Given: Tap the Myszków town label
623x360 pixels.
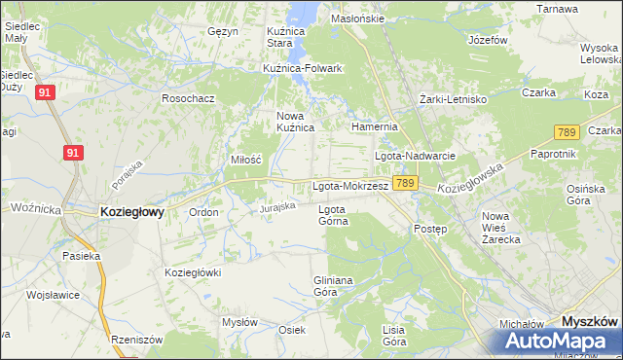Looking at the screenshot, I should (591, 320).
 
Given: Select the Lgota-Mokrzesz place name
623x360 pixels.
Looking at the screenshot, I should (350, 185).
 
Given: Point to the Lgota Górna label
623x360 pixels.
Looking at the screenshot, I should (333, 214).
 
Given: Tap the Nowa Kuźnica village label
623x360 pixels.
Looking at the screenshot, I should (296, 121).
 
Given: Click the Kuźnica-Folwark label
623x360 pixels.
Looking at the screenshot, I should (303, 68).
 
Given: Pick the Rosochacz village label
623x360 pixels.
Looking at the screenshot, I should (188, 98).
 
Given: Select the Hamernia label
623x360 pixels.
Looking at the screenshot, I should (376, 126).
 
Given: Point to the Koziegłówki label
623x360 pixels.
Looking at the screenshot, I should (193, 272).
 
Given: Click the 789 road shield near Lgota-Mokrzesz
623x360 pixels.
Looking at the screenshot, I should (406, 183).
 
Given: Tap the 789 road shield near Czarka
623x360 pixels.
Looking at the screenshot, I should (567, 132).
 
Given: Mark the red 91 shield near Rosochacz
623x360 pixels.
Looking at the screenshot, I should (45, 92).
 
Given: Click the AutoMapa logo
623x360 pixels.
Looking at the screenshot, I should (555, 341).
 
